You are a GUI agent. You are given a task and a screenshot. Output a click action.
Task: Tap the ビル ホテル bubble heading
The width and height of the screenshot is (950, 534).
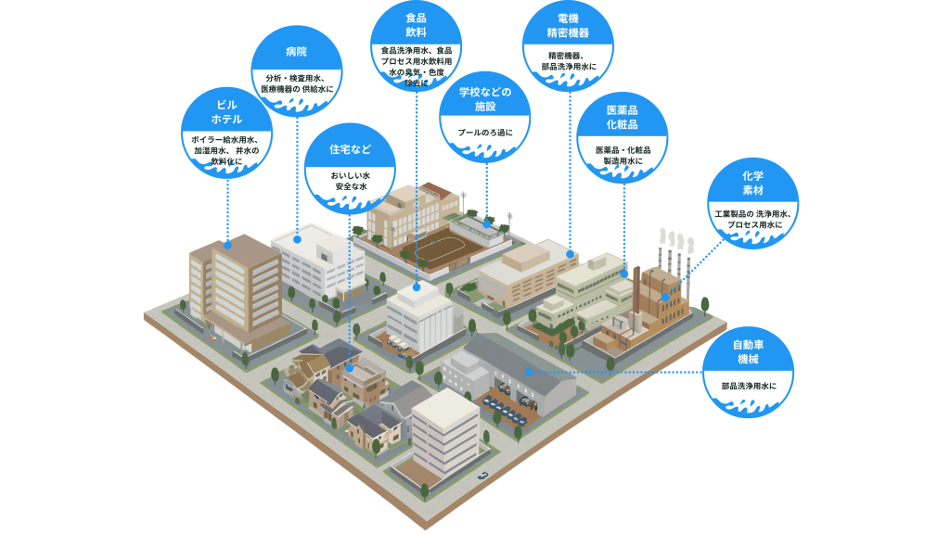tap(227, 112)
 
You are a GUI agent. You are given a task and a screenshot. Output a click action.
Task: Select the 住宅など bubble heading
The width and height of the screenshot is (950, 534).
tap(351, 148)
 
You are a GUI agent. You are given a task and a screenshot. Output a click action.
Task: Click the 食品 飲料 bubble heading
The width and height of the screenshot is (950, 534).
tap(416, 25)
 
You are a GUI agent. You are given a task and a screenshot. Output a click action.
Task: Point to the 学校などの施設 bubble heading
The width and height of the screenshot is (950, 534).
tap(485, 99)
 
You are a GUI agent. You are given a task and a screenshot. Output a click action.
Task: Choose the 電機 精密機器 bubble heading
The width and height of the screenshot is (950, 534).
tap(568, 25)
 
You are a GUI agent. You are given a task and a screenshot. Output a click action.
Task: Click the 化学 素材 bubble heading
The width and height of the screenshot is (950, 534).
tap(751, 183)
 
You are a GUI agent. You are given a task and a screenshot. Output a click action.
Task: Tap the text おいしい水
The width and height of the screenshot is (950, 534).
tap(351, 175)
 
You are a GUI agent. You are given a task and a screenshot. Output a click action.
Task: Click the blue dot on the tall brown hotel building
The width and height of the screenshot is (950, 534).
tap(227, 245)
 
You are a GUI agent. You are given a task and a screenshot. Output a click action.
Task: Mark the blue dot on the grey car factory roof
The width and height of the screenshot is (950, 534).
tap(527, 372)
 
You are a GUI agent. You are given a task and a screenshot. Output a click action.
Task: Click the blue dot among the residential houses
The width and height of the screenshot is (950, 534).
tap(350, 368)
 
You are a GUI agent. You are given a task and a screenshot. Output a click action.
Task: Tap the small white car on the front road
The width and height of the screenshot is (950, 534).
tap(482, 476)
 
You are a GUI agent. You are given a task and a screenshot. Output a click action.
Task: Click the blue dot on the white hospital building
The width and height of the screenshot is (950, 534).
tap(298, 239)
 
